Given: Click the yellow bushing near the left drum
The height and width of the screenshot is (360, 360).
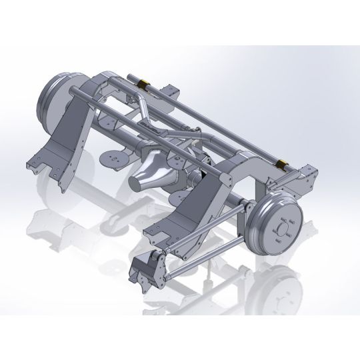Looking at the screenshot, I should pyautogui.click(x=142, y=85).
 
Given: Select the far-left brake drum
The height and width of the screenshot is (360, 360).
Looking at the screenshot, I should pyautogui.click(x=53, y=101).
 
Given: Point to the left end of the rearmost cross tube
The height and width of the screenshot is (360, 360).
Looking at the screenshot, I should pyautogui.click(x=126, y=75).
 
